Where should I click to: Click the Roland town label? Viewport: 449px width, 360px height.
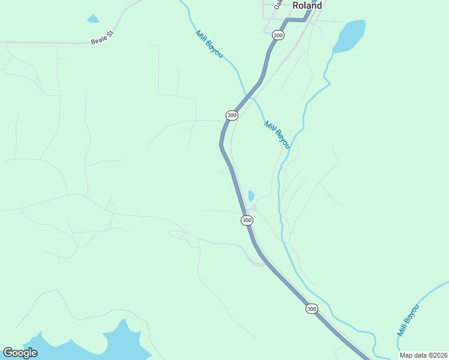307,5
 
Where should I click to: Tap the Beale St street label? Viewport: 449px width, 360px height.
101,38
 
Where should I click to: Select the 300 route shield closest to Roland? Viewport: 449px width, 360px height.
277,35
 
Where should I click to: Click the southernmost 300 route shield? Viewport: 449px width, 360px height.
311,308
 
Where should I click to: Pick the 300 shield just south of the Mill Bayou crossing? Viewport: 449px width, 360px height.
232,115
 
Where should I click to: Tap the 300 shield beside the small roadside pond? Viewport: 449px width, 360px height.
247,221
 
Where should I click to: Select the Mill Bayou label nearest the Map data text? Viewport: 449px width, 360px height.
408,320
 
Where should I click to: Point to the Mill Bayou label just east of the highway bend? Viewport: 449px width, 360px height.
277,134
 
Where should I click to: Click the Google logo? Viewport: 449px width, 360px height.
20,352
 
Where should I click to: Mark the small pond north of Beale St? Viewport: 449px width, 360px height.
92,19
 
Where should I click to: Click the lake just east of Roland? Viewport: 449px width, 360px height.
350,36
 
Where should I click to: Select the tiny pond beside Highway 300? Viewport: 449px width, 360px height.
251,196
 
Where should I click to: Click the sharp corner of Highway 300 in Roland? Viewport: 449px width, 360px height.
288,20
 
